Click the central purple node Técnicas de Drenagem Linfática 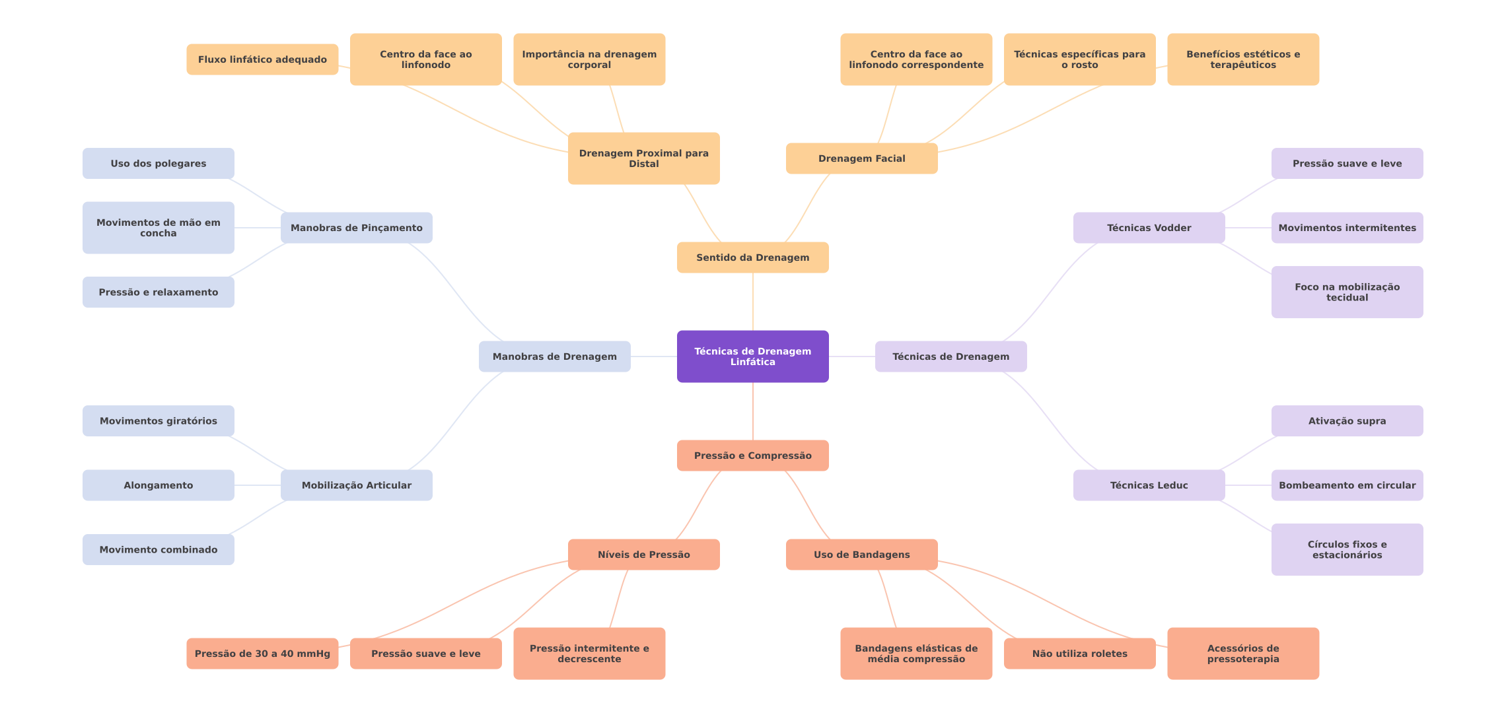752,356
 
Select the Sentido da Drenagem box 752,257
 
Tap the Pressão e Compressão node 752,456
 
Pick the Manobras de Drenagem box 554,356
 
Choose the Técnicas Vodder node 1149,228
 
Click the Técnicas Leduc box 1149,485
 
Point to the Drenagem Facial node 861,158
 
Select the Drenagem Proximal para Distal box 643,158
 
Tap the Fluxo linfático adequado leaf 262,59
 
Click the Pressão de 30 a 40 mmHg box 262,654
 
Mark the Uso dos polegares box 158,163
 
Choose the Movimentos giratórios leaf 158,421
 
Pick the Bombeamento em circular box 1347,485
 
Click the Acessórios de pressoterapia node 1242,654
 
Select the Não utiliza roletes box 1079,654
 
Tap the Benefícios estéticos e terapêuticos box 1242,59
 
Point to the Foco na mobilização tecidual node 1347,292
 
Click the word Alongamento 158,485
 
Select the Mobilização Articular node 356,485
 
